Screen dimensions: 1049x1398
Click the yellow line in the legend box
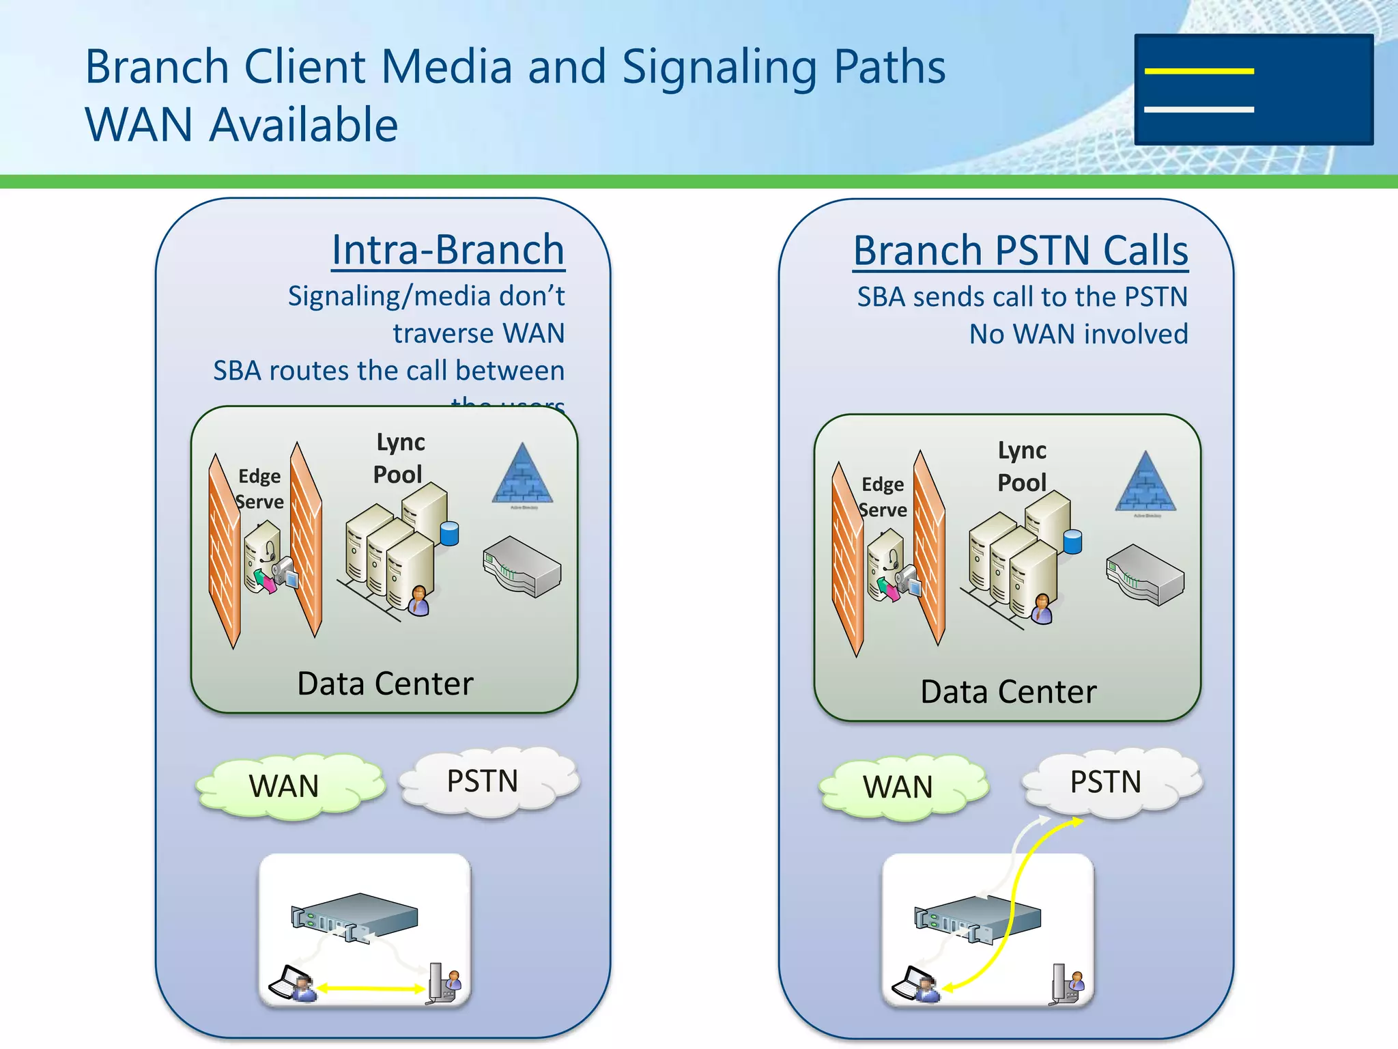coord(1199,71)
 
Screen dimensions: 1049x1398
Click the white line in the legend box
coord(1199,109)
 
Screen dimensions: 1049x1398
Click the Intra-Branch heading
coord(448,250)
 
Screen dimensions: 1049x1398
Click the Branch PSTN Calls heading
coord(1021,251)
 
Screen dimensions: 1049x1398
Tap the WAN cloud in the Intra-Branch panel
coord(287,786)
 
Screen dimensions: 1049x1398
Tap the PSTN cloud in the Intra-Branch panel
coord(485,781)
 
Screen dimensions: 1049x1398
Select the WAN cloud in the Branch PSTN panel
coord(900,787)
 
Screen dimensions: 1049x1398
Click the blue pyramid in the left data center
coord(523,475)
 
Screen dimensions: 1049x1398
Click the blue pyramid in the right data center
coord(1146,482)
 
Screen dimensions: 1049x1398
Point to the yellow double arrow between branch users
coord(371,988)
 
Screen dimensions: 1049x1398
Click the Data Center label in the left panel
coord(385,684)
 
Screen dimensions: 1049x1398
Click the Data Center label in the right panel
coord(1008,692)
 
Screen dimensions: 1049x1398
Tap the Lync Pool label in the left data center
coord(399,458)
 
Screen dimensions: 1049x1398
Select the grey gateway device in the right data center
coord(1145,574)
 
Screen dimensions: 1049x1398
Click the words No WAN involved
coord(1079,334)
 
